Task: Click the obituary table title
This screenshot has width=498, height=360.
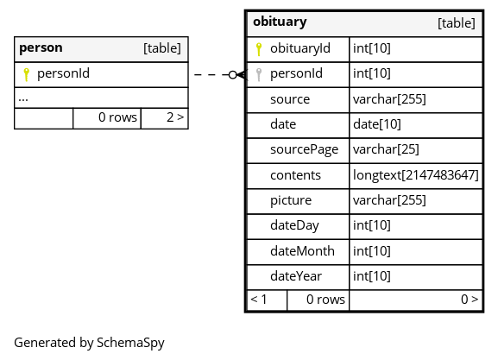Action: click(x=280, y=22)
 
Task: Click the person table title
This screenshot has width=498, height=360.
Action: click(x=41, y=48)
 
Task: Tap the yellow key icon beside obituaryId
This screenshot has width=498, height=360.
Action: click(x=259, y=49)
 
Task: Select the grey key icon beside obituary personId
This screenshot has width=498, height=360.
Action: click(x=259, y=75)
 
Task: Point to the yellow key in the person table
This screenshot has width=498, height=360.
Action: click(x=27, y=75)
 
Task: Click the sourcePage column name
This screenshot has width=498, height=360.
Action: click(x=305, y=149)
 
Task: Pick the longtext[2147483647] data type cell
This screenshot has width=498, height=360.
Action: click(x=416, y=176)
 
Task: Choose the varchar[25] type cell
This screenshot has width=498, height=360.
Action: click(x=416, y=150)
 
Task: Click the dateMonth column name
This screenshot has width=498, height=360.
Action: click(x=302, y=251)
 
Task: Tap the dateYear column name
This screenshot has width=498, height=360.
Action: click(x=296, y=276)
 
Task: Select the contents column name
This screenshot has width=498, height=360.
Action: click(x=295, y=175)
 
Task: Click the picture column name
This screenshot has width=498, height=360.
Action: click(x=291, y=201)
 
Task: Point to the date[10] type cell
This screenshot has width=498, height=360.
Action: click(x=416, y=125)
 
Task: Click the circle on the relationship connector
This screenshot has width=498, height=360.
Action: click(x=233, y=75)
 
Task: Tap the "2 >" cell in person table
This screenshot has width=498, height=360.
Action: click(x=165, y=118)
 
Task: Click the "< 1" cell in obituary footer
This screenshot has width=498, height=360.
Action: click(x=267, y=300)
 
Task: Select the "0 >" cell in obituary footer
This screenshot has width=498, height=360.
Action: click(x=416, y=300)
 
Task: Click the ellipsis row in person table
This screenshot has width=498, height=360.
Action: click(x=101, y=98)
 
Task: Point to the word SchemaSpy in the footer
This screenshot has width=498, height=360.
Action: click(x=130, y=343)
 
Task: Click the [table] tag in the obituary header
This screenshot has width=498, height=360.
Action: click(x=457, y=23)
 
